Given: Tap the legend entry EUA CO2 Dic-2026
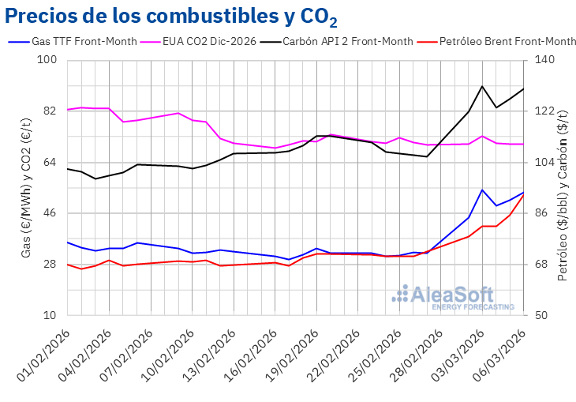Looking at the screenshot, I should click(208, 41).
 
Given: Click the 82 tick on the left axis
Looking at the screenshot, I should click(50, 111).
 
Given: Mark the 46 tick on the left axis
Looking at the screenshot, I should click(50, 213).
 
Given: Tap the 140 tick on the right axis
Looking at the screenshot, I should click(545, 60).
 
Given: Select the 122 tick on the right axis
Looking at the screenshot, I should click(545, 111).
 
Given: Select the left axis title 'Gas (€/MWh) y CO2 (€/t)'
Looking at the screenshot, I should click(25, 188).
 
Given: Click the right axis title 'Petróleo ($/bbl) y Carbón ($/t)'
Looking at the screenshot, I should click(563, 188).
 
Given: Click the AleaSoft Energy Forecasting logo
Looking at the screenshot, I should click(453, 297).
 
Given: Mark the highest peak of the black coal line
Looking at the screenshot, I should click(482, 86).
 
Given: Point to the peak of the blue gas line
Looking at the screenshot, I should click(482, 190).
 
